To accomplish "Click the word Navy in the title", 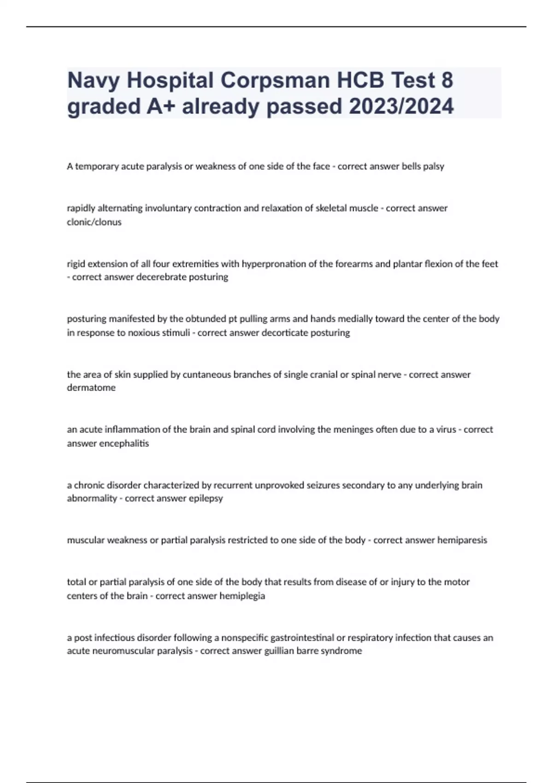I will coord(93,81).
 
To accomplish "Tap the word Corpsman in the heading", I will coord(275,81).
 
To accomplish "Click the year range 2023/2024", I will coord(401,107).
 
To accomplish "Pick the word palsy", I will coord(433,166).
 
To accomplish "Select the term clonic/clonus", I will coord(94,222).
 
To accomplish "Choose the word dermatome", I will coord(91,388).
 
